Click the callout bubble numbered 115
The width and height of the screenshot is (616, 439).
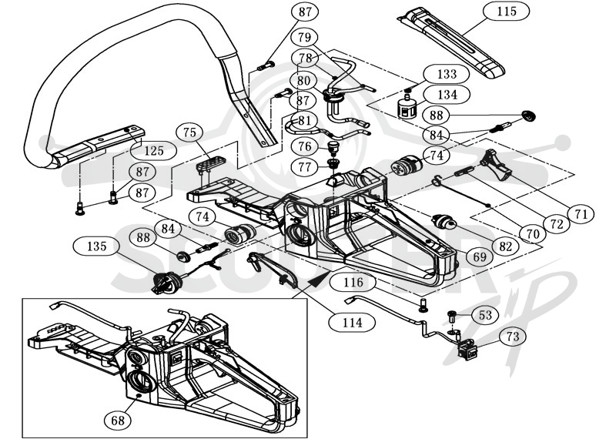[507, 12]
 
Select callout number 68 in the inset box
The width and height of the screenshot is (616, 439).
[118, 421]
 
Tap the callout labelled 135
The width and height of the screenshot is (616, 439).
[97, 246]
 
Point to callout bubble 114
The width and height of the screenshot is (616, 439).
[352, 323]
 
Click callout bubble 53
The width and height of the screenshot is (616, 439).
[485, 315]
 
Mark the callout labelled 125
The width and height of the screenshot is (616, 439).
[153, 150]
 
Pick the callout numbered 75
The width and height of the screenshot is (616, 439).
[189, 132]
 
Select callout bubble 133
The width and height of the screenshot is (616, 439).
[447, 74]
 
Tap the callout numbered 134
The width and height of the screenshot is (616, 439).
[447, 95]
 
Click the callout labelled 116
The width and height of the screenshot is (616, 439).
[353, 282]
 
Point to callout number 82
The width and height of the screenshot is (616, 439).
[505, 246]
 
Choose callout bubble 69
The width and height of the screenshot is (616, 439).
[480, 257]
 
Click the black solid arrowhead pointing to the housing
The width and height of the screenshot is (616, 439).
[320, 280]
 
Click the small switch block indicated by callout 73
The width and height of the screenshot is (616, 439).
[468, 350]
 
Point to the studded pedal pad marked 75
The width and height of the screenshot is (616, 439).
[210, 164]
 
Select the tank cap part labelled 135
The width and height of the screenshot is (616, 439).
[166, 282]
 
